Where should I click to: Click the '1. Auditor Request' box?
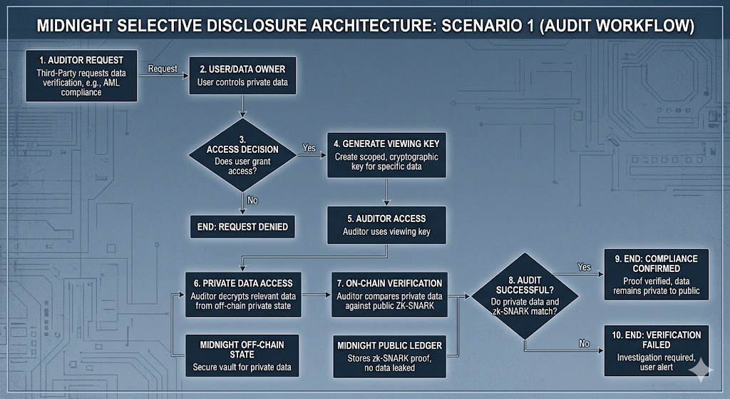[x=82, y=75]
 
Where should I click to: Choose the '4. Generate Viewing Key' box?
[x=386, y=155]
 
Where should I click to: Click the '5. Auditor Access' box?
[x=386, y=224]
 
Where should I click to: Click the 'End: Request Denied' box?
[x=242, y=226]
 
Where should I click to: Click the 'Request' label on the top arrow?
[x=162, y=68]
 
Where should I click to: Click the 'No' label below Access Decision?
[x=252, y=200]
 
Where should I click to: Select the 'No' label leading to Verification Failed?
[x=585, y=343]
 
